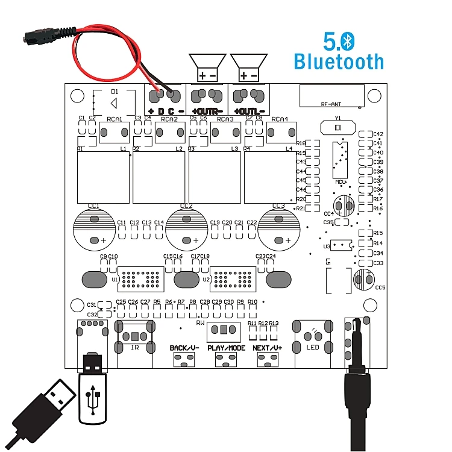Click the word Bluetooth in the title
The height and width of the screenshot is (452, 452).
(338, 61)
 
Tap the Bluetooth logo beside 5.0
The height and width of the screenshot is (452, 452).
(349, 41)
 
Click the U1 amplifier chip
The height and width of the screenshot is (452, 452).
(140, 279)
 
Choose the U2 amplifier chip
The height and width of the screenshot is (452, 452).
(231, 279)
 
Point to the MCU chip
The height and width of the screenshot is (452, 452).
(341, 160)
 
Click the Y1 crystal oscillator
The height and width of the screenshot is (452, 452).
(338, 128)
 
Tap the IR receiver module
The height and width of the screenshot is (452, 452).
(136, 336)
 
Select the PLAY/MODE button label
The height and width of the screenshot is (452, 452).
(227, 348)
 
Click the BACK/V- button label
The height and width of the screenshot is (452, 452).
(184, 348)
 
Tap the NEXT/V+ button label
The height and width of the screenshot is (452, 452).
(268, 348)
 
